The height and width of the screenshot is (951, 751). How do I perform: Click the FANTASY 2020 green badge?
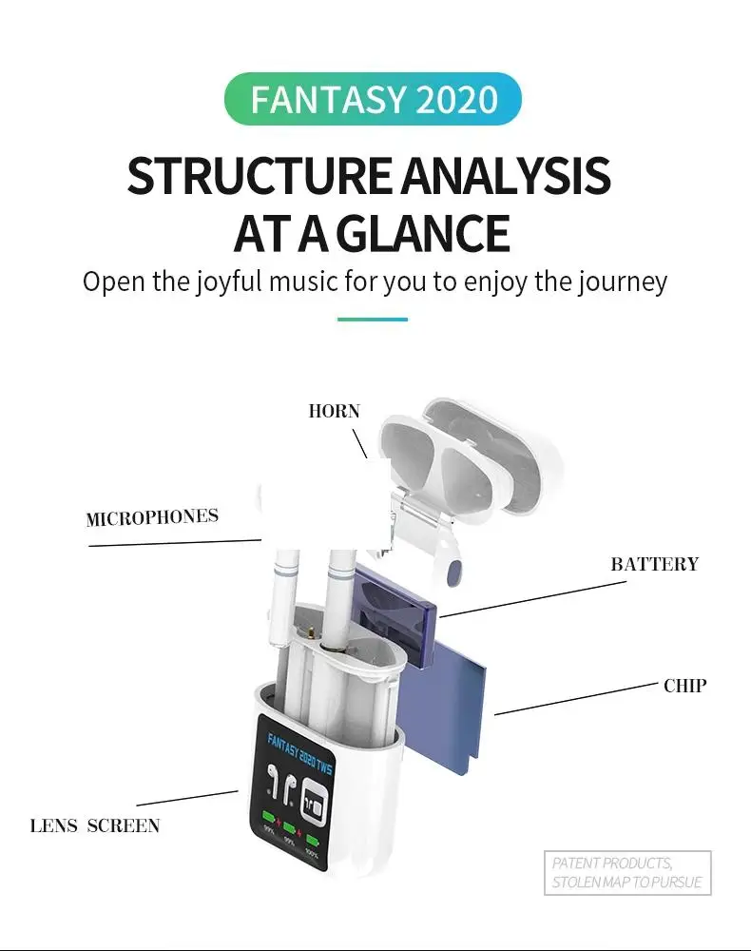point(373,99)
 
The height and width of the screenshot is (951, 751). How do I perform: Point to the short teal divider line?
point(373,320)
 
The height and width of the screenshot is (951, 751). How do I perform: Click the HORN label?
point(334,411)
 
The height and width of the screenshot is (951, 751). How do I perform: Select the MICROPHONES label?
point(152,518)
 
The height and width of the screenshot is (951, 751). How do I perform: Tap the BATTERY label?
point(654,564)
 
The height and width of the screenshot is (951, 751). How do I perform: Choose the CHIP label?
point(684,685)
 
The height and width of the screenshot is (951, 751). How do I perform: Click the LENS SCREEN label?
point(95,825)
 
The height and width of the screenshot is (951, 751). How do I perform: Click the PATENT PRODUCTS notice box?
point(628,872)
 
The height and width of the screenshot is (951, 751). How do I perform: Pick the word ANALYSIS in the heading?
point(504,177)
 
